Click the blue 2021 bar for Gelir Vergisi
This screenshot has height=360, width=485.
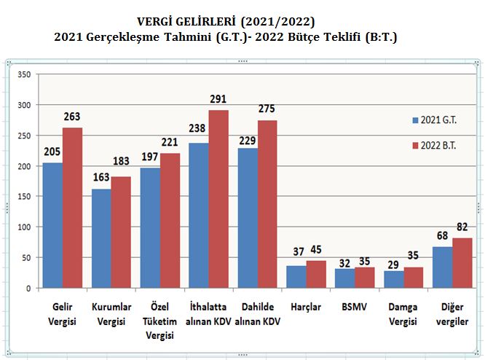52,225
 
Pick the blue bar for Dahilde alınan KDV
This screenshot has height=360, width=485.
248,218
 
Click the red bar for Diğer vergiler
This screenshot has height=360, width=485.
462,262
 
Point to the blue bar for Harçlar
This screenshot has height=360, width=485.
297,277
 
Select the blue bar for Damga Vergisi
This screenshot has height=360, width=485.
394,279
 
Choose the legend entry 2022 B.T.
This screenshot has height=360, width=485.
438,146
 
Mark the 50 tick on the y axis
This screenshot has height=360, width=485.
25,257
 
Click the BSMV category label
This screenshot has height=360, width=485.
355,307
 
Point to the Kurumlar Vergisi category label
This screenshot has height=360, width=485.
111,313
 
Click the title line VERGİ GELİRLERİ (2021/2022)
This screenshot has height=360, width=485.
226,21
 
